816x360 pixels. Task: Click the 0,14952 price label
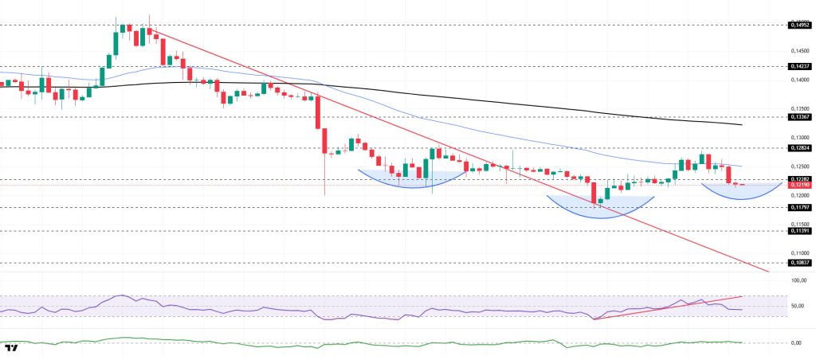point(799,25)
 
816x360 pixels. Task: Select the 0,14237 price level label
point(799,67)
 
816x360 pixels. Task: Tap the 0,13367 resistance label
point(799,116)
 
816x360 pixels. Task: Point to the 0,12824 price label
point(799,147)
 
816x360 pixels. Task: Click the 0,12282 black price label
point(799,178)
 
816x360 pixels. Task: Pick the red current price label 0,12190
point(799,185)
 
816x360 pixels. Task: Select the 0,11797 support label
point(799,207)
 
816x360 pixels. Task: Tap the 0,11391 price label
point(799,230)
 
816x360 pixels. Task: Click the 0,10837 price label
point(799,262)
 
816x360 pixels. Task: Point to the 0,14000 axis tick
point(799,80)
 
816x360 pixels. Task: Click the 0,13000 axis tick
point(799,137)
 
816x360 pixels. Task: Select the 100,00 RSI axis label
point(798,280)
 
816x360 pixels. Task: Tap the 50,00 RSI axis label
point(798,306)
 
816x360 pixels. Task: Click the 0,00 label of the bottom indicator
point(796,342)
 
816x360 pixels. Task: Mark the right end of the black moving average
point(742,124)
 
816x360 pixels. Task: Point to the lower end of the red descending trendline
point(768,272)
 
